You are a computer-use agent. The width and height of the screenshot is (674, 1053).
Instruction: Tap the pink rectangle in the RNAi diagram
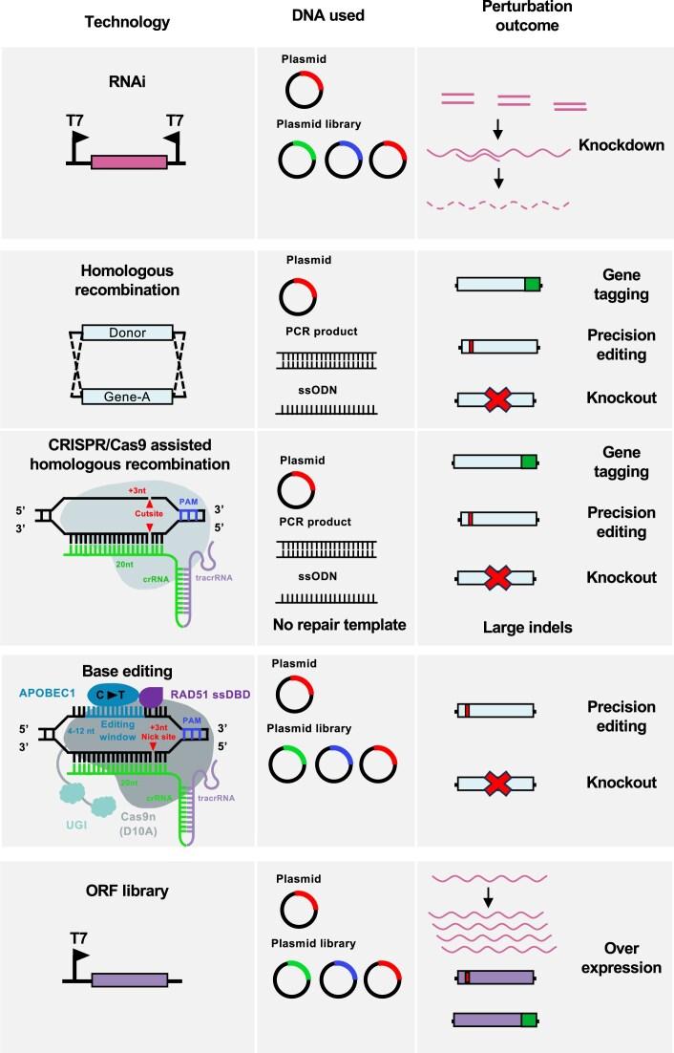point(128,162)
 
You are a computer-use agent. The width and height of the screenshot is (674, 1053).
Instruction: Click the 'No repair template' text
point(339,626)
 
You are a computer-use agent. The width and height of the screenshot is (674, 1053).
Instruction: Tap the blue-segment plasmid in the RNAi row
point(345,161)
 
